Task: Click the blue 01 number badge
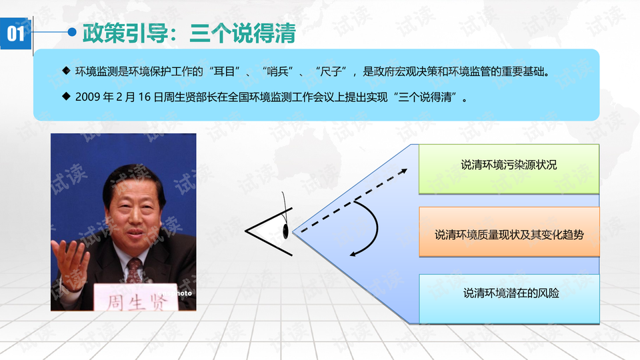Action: (16, 33)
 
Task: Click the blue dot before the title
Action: (72, 32)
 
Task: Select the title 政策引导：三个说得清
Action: (189, 33)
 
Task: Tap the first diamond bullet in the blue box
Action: (66, 71)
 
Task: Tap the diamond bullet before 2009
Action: (66, 96)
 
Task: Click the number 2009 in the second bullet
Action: (88, 97)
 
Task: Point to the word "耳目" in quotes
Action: (225, 72)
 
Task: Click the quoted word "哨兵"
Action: (277, 72)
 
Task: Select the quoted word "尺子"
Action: (331, 72)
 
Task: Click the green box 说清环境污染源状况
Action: (509, 169)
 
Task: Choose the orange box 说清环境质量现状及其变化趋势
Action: (509, 231)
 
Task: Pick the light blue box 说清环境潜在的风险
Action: (509, 299)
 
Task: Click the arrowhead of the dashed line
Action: (403, 171)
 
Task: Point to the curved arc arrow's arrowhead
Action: (354, 254)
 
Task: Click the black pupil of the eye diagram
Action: (285, 231)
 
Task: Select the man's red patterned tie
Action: (133, 271)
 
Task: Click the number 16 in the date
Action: (145, 97)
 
